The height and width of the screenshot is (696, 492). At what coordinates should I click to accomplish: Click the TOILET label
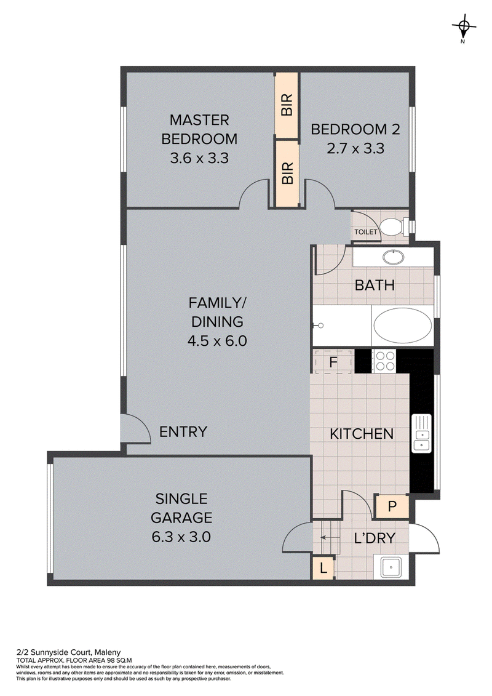[x=365, y=232]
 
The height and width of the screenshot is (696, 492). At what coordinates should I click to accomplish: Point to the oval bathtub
[x=402, y=326]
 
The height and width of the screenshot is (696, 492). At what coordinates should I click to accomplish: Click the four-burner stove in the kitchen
[x=384, y=361]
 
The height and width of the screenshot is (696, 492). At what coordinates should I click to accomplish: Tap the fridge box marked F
[x=333, y=362]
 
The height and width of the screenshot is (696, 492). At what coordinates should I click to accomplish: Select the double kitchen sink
[x=421, y=433]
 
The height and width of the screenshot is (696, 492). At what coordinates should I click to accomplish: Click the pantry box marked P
[x=391, y=506]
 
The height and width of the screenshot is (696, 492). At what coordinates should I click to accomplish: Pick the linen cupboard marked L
[x=323, y=568]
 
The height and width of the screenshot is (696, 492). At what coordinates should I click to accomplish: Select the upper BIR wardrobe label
[x=287, y=105]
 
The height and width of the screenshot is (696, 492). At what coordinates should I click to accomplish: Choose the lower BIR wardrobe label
[x=287, y=173]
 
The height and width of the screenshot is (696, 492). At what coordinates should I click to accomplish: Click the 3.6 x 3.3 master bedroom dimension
[x=199, y=158]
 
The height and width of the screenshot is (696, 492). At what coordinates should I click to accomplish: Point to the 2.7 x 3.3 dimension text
[x=355, y=148]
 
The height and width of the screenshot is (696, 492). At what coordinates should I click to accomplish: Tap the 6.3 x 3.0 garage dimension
[x=181, y=537]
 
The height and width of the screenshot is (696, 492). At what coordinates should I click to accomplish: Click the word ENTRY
[x=183, y=432]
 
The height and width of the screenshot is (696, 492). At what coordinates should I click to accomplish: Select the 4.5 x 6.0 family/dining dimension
[x=217, y=341]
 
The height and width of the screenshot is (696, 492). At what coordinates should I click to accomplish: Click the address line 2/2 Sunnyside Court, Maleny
[x=68, y=652]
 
